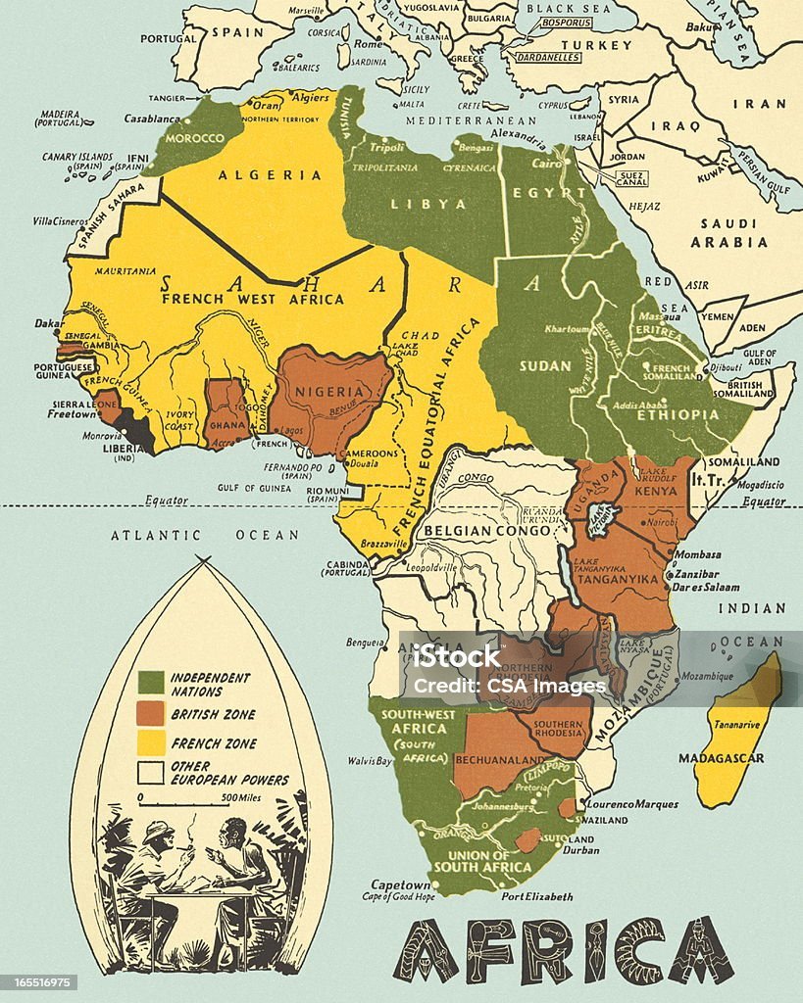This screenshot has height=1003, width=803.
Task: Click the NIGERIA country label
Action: (331, 392)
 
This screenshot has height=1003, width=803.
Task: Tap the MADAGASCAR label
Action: (721, 758)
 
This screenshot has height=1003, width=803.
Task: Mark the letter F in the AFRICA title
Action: (482, 951)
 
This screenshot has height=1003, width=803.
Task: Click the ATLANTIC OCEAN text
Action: (204, 535)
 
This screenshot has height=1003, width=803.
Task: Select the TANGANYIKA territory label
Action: (623, 578)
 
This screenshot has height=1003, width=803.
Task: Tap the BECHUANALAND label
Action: (500, 759)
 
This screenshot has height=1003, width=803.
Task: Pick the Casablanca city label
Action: (151, 117)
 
